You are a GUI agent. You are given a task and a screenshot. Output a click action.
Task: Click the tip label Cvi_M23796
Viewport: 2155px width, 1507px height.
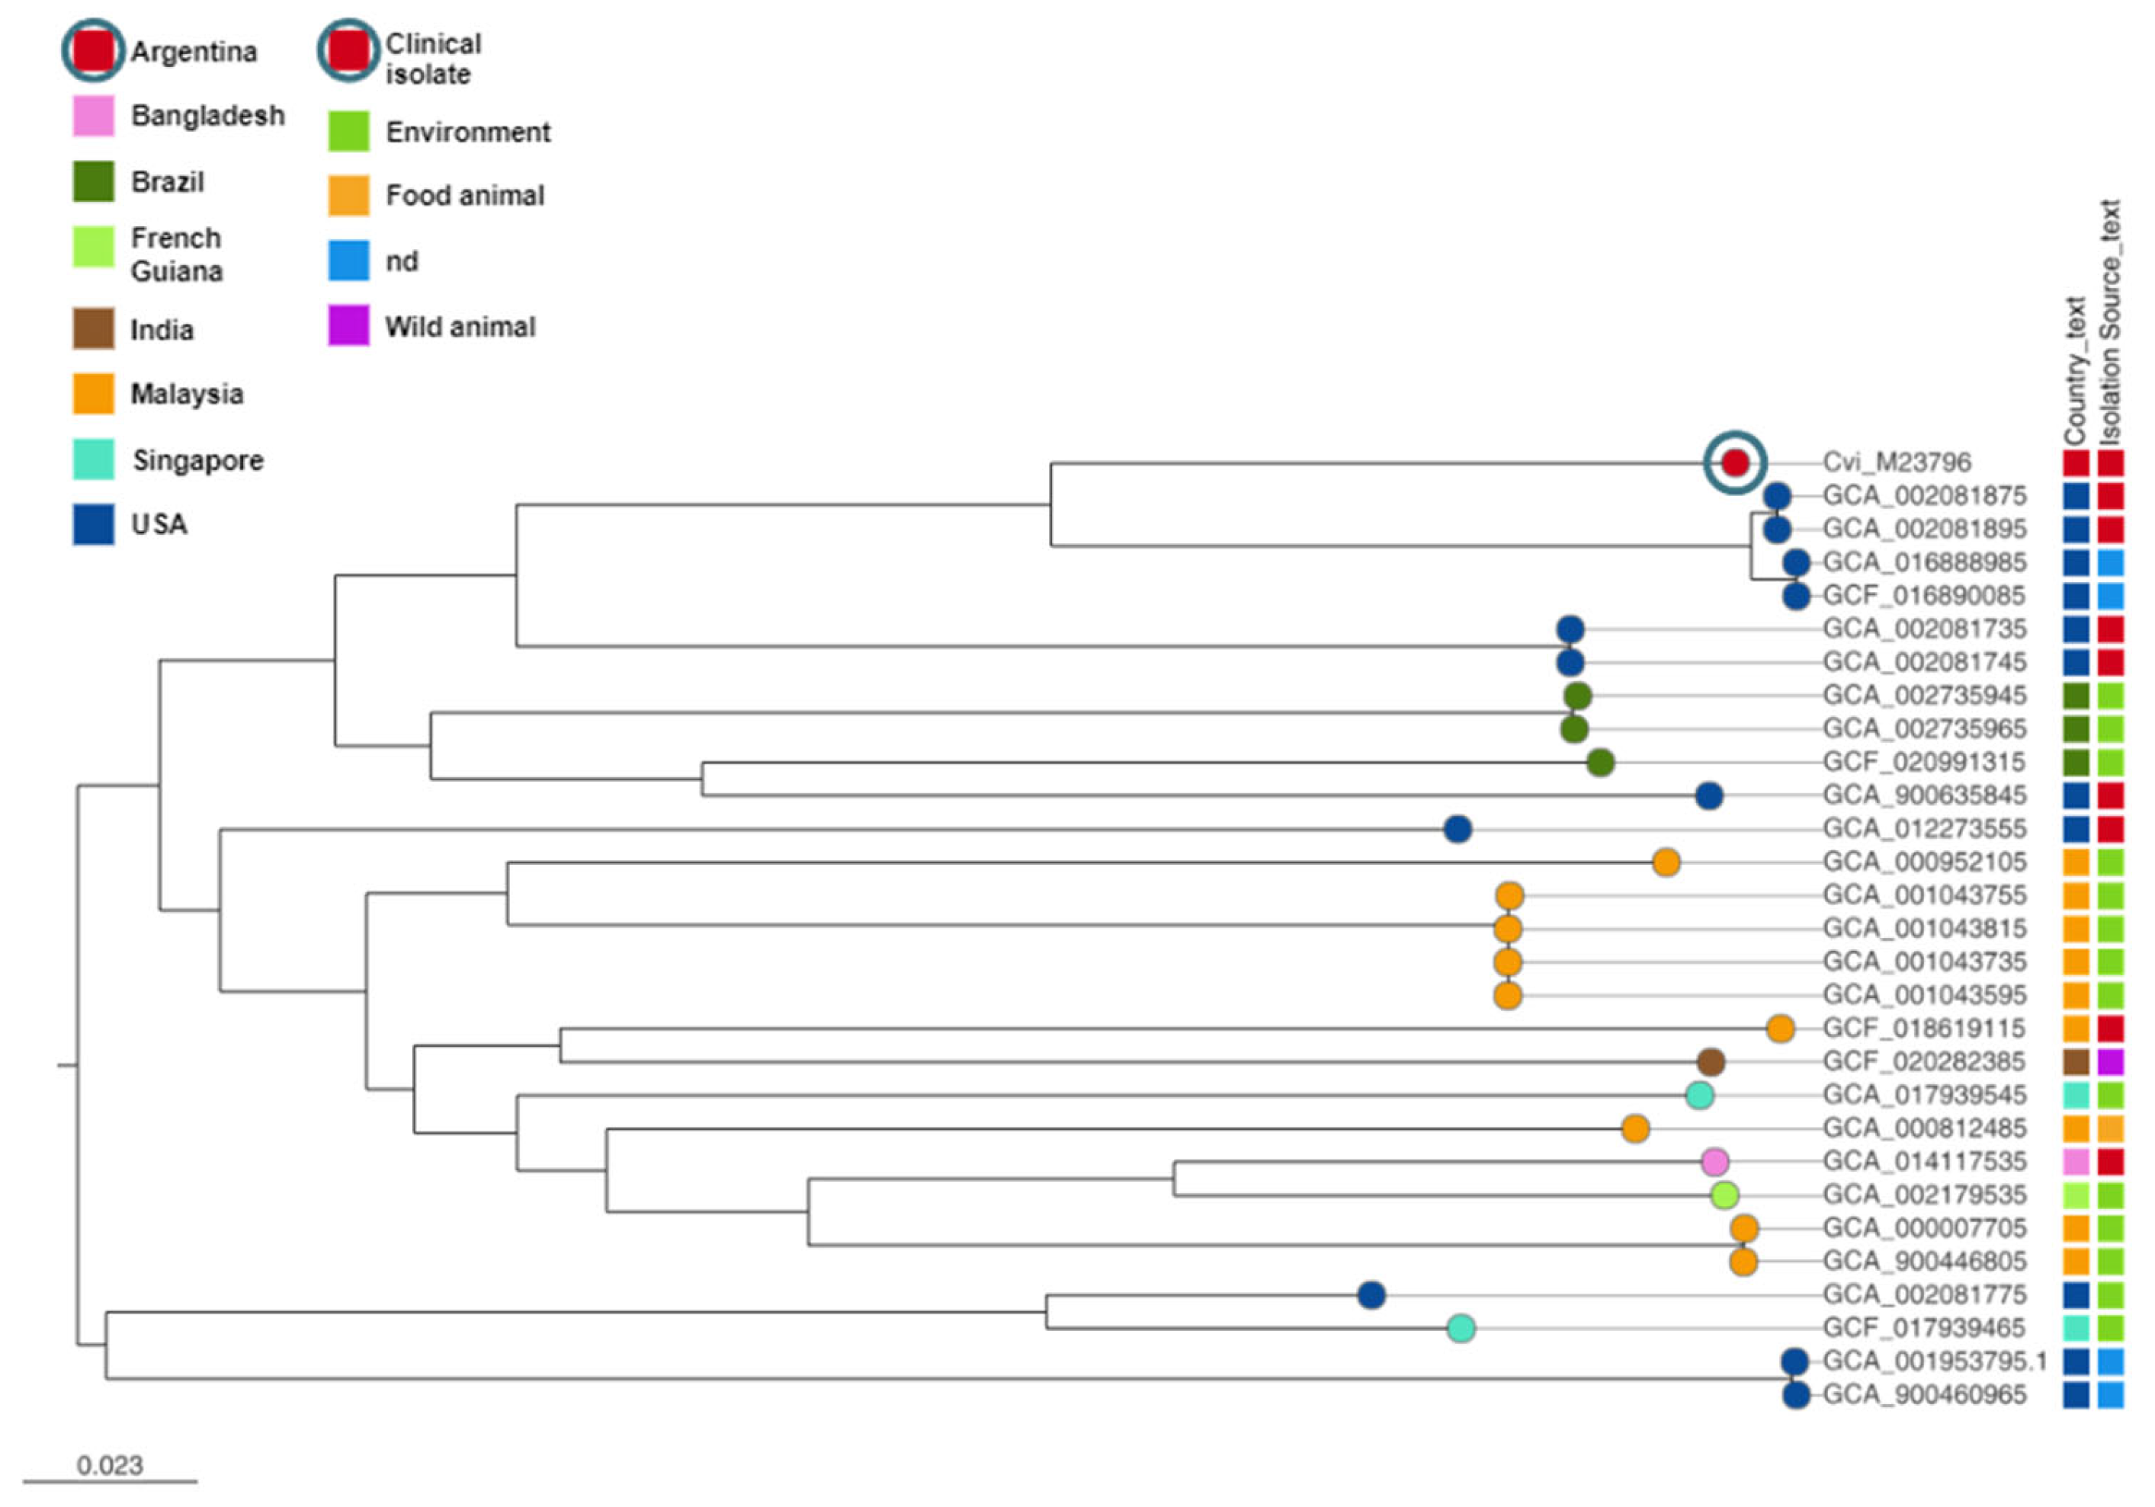tap(1896, 462)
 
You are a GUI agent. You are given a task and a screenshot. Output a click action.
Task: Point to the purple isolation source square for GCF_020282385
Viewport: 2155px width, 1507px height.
tap(2111, 1062)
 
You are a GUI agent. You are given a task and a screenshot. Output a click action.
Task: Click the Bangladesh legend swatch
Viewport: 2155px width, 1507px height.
tap(94, 117)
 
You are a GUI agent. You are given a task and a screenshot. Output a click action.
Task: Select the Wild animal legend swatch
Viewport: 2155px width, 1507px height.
tap(348, 327)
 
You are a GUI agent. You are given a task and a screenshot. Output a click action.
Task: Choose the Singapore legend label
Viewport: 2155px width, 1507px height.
tap(198, 461)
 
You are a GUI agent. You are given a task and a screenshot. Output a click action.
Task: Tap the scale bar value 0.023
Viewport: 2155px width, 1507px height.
tap(110, 1466)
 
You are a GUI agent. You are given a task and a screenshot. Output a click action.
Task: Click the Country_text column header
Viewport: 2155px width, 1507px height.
tap(2075, 370)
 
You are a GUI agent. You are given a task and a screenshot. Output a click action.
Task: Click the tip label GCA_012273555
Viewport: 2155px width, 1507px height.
tap(1924, 830)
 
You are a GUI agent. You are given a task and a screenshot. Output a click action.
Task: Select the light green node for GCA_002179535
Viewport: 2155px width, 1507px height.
tap(1724, 1195)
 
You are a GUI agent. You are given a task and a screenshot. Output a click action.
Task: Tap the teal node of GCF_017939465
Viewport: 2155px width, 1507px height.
tap(1461, 1329)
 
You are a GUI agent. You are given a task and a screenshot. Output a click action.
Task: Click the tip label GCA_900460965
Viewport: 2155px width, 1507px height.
tap(1924, 1395)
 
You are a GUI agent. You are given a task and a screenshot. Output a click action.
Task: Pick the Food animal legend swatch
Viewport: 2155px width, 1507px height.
tap(348, 195)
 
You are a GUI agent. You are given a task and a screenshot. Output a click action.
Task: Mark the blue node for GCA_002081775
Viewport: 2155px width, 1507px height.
tap(1371, 1296)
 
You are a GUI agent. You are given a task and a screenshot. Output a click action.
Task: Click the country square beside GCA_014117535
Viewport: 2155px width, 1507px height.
tap(2075, 1162)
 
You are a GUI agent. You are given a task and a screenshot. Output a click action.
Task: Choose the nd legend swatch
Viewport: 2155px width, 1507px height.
tap(348, 261)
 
